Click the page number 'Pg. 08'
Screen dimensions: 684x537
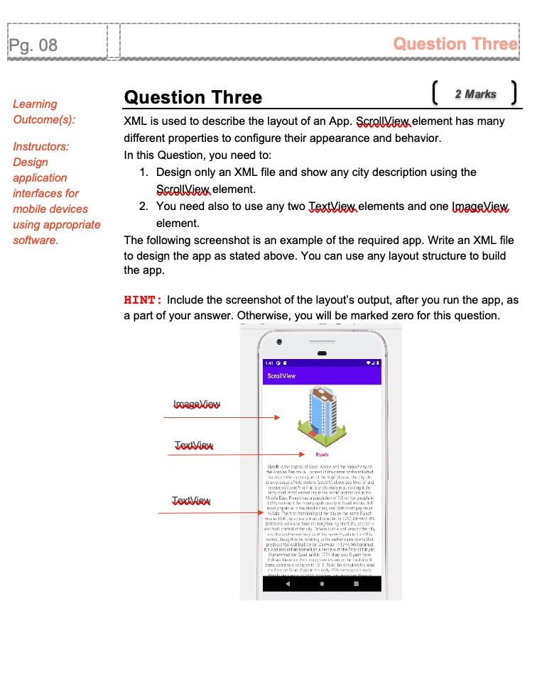tap(33, 45)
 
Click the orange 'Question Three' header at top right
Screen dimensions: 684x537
tap(455, 44)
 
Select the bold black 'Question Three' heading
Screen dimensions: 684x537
tap(192, 97)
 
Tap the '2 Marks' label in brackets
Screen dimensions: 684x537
tap(475, 94)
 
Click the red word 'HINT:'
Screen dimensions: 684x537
tap(143, 300)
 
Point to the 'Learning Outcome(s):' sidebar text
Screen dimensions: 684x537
tap(44, 111)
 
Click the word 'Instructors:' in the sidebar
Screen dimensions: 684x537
tap(41, 147)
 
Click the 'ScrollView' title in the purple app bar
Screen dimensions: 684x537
tap(281, 376)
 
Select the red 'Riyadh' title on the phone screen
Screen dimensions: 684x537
tap(322, 454)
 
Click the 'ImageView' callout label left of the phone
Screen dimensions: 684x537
tap(197, 404)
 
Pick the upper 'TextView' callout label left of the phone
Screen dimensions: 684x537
tap(194, 446)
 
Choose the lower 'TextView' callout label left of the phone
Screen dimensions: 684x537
tap(191, 501)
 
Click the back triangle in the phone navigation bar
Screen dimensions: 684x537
tap(287, 584)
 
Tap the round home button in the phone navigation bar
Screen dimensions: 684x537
tap(322, 584)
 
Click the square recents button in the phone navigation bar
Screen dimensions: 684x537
tap(356, 584)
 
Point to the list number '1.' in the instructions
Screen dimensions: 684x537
tap(143, 172)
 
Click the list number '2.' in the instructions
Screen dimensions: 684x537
tap(143, 206)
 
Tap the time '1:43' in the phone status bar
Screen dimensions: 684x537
tap(269, 363)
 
